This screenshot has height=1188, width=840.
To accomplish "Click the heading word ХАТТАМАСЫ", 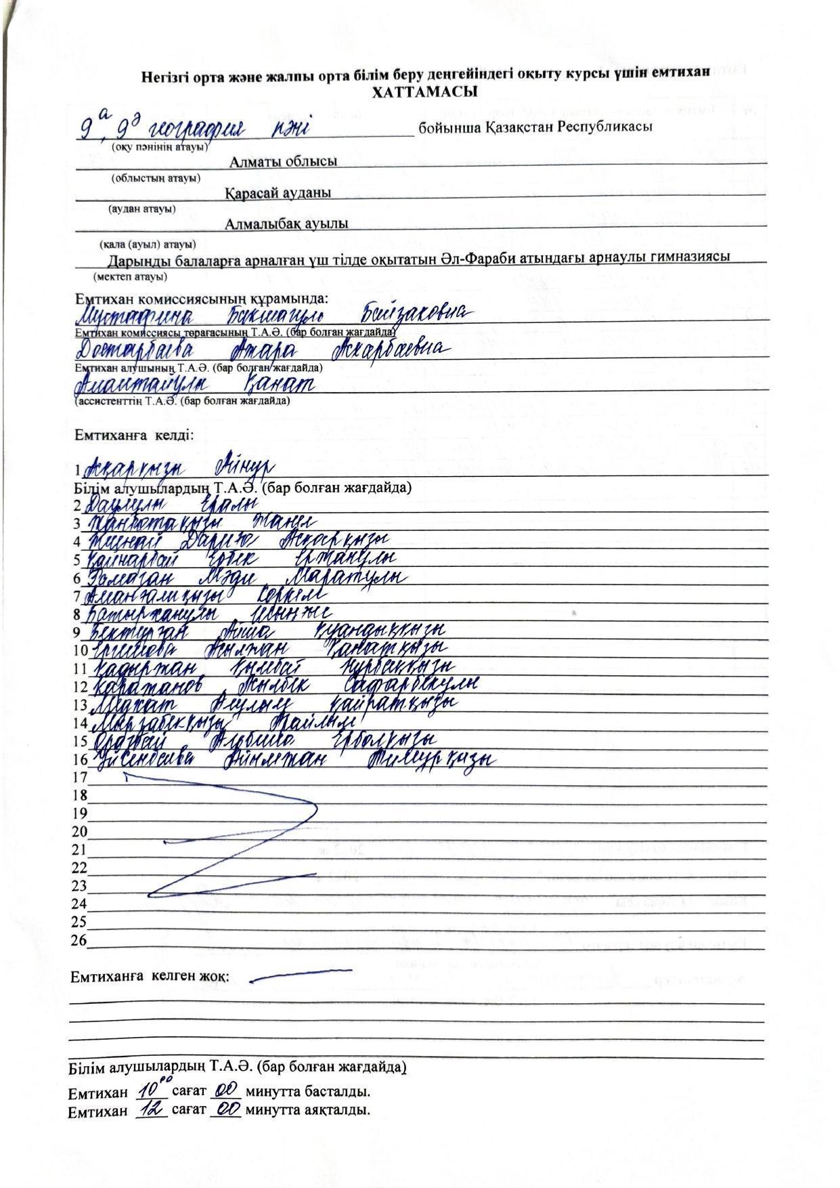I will click(x=425, y=92).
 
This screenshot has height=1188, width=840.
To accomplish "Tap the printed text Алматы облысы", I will click(x=283, y=162).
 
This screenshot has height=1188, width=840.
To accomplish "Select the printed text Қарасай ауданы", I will click(x=278, y=193).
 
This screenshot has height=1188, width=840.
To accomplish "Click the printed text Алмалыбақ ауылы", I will click(x=288, y=224).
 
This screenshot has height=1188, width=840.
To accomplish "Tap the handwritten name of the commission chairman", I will click(x=271, y=315).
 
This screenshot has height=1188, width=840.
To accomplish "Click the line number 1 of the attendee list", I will click(x=78, y=469).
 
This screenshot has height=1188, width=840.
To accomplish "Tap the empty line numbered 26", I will click(x=79, y=940).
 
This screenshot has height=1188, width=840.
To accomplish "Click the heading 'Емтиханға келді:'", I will click(x=134, y=435).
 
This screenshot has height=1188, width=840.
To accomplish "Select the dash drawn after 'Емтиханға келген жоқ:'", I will click(x=300, y=975).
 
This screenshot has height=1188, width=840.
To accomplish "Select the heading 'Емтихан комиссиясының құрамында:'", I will click(x=201, y=299).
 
